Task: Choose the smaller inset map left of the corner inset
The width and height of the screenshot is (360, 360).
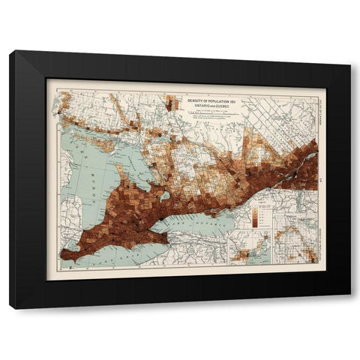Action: (x=249, y=247)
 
